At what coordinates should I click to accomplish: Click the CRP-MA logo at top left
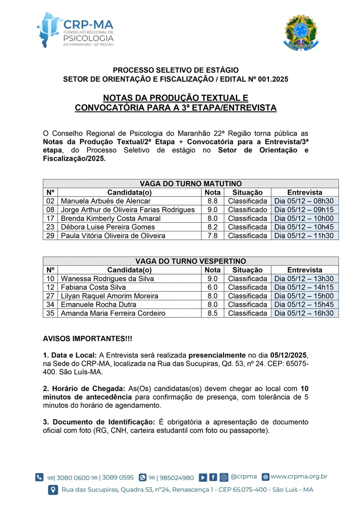(x=75, y=29)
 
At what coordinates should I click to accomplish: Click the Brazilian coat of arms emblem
(x=301, y=32)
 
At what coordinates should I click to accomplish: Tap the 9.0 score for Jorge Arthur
(x=213, y=210)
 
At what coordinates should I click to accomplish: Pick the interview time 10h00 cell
(x=304, y=218)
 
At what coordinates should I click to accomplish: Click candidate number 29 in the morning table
(x=50, y=235)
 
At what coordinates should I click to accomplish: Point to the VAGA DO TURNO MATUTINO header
(x=190, y=183)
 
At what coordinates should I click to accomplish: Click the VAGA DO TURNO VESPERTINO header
(x=190, y=261)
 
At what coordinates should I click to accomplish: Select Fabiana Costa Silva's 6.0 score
(x=213, y=287)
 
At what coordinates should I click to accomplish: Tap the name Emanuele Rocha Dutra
(x=98, y=304)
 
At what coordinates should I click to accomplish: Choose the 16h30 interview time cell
(x=304, y=313)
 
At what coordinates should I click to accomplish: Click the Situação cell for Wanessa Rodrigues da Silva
(x=248, y=279)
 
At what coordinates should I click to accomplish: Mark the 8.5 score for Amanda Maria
(x=213, y=313)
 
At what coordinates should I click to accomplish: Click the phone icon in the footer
(x=40, y=477)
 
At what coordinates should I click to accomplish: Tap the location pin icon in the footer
(x=53, y=490)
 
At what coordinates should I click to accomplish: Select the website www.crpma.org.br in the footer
(x=299, y=476)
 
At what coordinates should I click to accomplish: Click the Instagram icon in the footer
(x=224, y=477)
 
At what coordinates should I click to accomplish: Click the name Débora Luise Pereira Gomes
(x=108, y=227)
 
